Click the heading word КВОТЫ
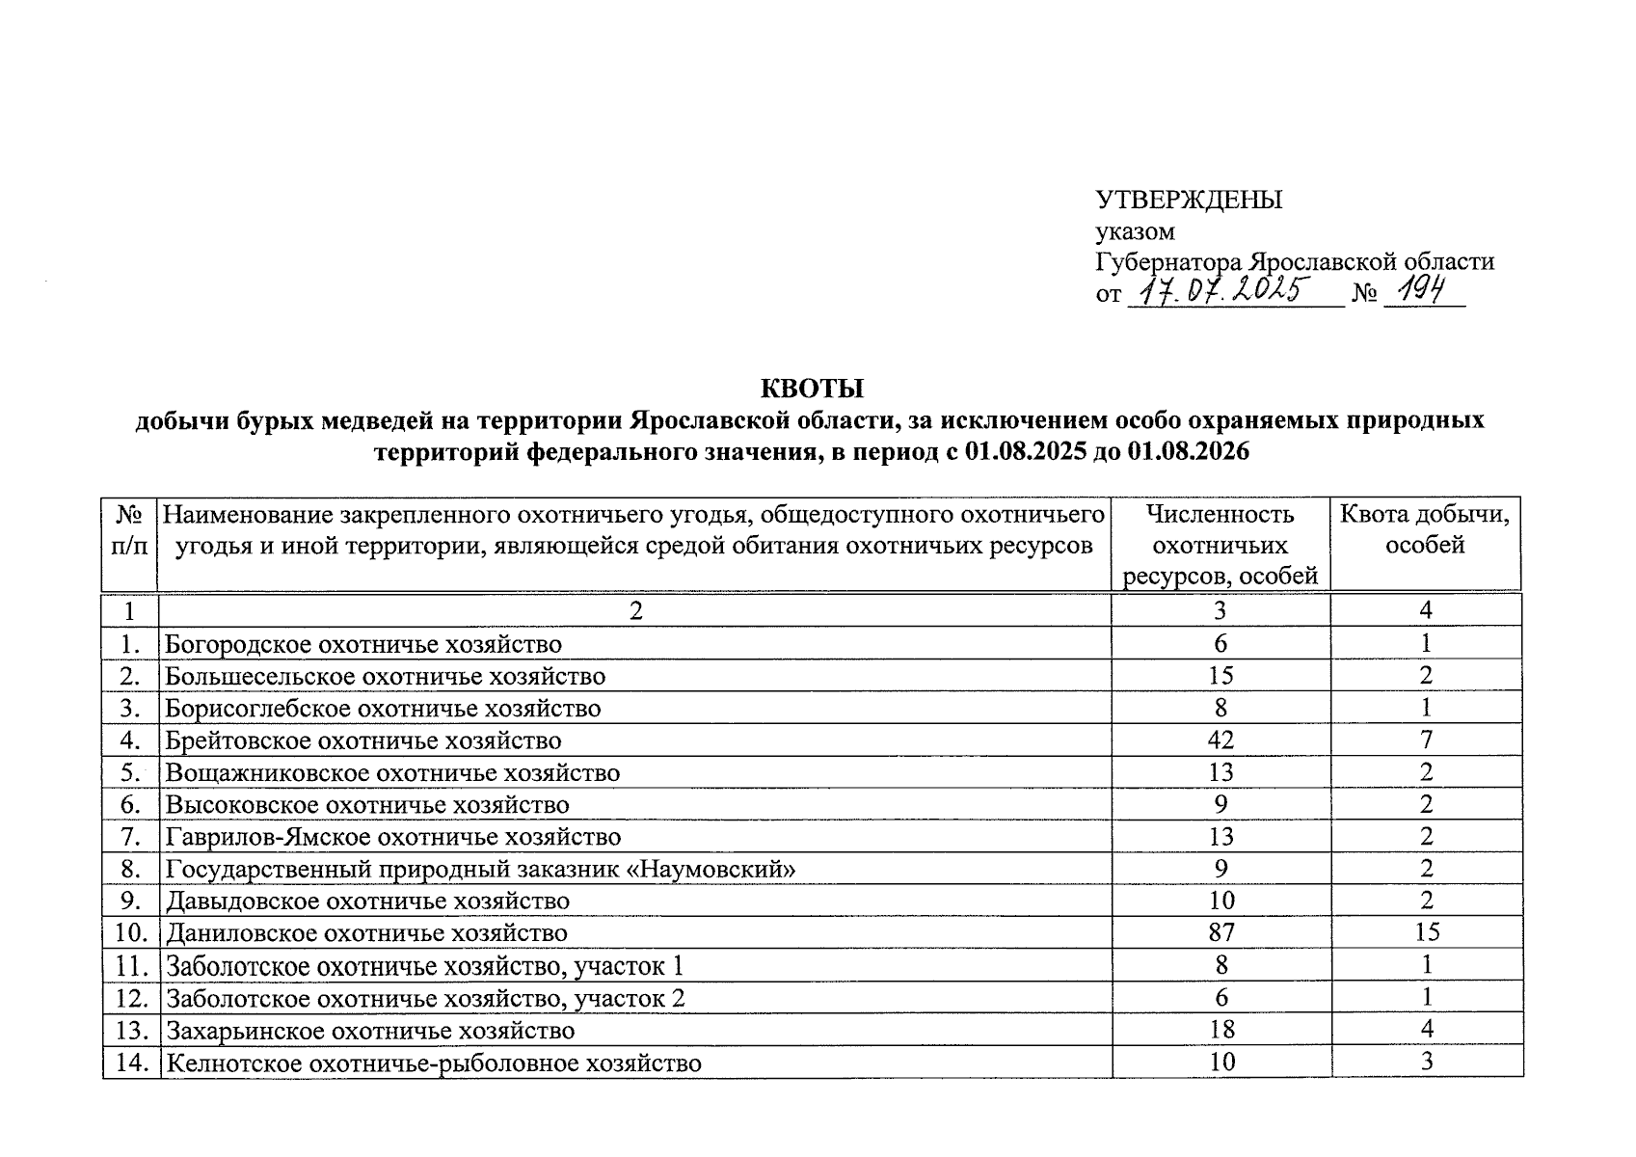(x=812, y=389)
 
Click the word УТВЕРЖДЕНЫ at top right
(x=1189, y=200)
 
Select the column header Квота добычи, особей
(x=1425, y=529)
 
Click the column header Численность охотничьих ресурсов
(x=1220, y=545)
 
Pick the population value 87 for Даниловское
(x=1220, y=932)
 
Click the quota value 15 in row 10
(x=1426, y=932)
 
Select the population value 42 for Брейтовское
(x=1220, y=740)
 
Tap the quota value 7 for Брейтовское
(x=1426, y=740)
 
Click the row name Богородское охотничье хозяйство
(x=363, y=643)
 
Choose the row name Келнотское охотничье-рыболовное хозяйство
(x=433, y=1063)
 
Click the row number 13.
(x=130, y=1031)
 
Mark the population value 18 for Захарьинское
(x=1220, y=1029)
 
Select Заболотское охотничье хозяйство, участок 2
(x=425, y=998)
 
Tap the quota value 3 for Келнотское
(x=1427, y=1062)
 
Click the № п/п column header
(x=128, y=529)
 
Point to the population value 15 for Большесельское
(x=1220, y=676)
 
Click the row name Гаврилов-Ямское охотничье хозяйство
(x=393, y=836)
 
